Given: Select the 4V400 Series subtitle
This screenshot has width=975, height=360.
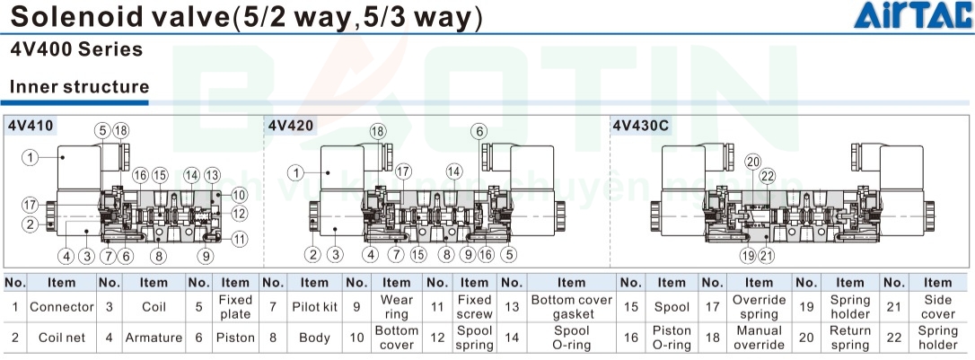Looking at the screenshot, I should pyautogui.click(x=76, y=50).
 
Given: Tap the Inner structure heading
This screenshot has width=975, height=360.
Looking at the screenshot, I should pyautogui.click(x=79, y=87).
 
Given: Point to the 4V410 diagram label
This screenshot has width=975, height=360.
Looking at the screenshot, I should pyautogui.click(x=27, y=126).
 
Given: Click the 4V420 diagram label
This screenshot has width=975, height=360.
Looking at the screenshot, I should pyautogui.click(x=291, y=126).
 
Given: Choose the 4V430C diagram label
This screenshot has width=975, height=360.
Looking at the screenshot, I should pyautogui.click(x=641, y=126).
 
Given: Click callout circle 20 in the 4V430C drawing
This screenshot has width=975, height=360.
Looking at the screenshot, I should pyautogui.click(x=752, y=162).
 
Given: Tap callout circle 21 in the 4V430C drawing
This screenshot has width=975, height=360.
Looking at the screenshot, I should pyautogui.click(x=766, y=256).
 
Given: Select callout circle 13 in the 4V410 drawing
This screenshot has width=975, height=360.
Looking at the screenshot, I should pyautogui.click(x=212, y=174).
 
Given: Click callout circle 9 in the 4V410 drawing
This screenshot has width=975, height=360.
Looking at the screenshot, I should pyautogui.click(x=206, y=256).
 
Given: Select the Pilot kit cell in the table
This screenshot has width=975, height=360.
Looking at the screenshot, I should pyautogui.click(x=314, y=307).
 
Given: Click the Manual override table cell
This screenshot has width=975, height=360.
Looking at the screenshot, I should pyautogui.click(x=760, y=338).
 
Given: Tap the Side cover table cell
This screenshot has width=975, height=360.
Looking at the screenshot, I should pyautogui.click(x=937, y=307).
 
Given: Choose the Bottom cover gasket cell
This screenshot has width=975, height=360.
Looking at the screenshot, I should pyautogui.click(x=571, y=307).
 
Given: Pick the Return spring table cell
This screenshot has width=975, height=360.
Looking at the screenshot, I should pyautogui.click(x=849, y=338).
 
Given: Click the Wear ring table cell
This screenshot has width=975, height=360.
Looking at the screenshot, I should pyautogui.click(x=396, y=307).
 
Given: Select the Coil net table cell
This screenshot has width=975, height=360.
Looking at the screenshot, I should pyautogui.click(x=61, y=338).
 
